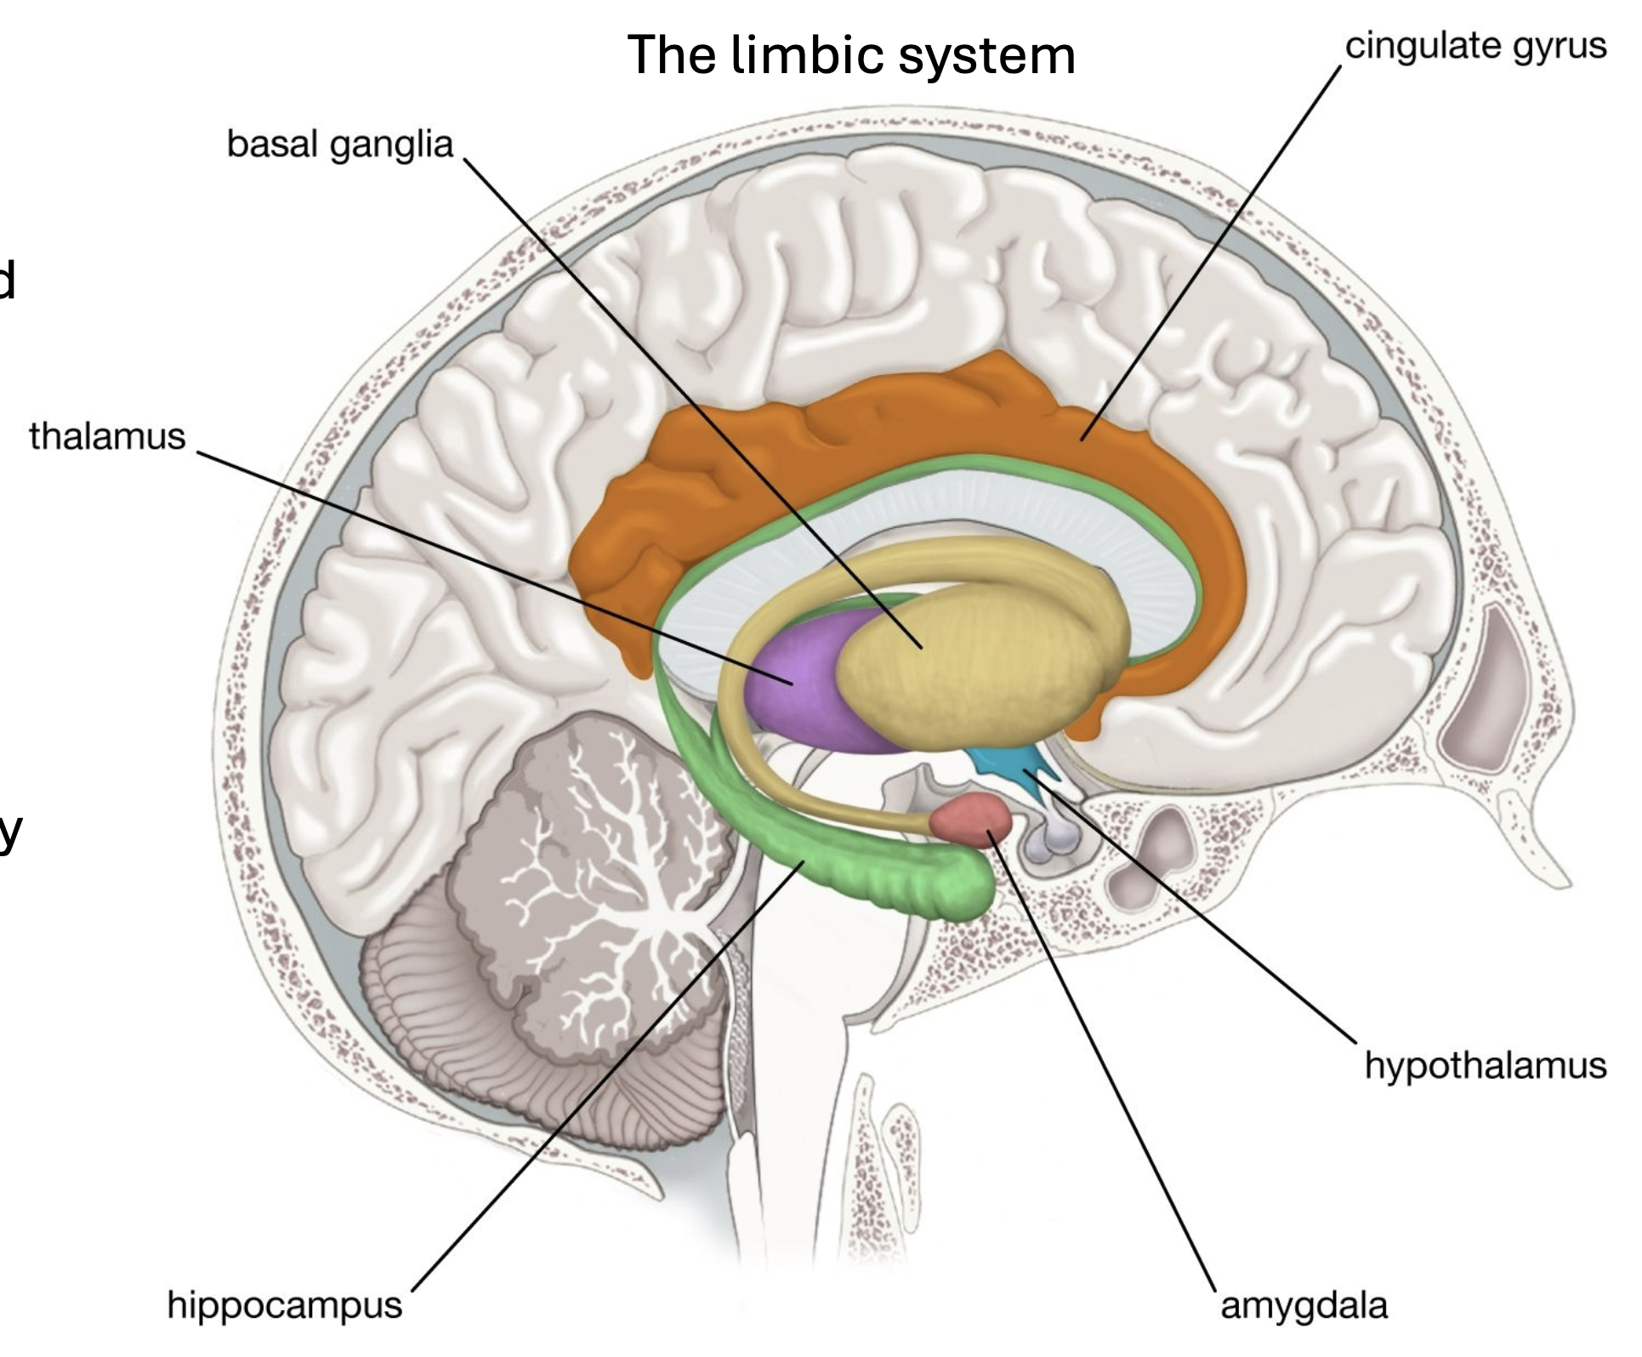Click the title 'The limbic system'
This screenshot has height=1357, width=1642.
(x=851, y=55)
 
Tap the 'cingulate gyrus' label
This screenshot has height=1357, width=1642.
(x=1475, y=46)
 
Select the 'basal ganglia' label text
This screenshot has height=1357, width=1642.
(x=339, y=145)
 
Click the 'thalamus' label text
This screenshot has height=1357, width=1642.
(x=107, y=436)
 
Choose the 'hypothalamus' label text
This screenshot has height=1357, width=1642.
(x=1486, y=1065)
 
